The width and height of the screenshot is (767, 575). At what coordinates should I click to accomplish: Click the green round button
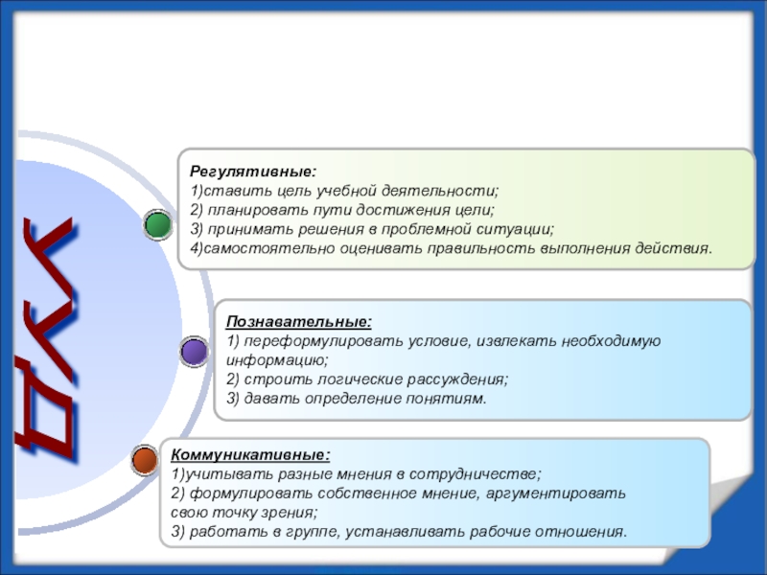tap(157, 225)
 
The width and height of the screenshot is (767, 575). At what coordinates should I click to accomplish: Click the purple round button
tap(195, 352)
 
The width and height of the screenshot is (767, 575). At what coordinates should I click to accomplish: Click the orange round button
tap(144, 459)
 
